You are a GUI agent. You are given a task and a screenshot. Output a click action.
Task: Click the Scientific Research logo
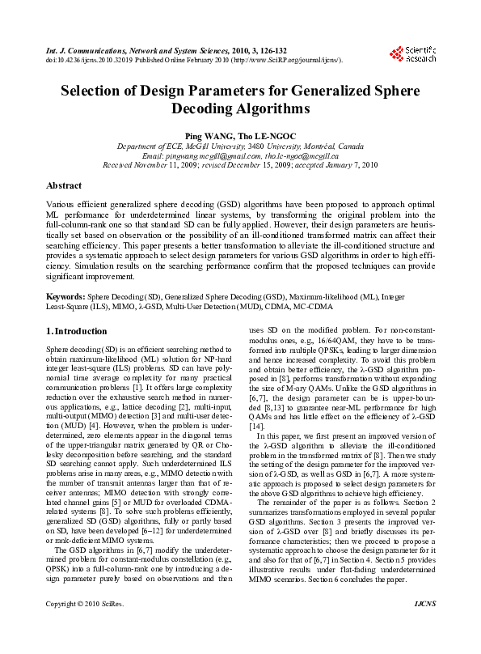point(412,53)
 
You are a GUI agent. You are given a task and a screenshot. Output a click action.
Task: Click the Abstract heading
point(64,185)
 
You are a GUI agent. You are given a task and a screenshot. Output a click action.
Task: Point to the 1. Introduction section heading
point(77,331)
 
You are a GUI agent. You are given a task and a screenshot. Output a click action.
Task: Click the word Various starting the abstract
point(61,206)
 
